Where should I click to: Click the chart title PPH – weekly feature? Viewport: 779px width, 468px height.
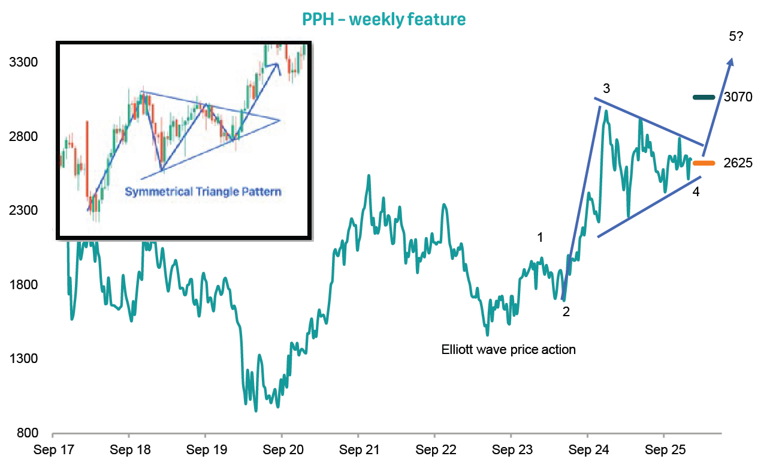point(384,19)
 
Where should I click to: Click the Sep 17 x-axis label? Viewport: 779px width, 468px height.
point(53,449)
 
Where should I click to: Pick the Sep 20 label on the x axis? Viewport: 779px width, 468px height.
point(282,449)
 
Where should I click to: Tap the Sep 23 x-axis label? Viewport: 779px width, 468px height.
point(511,449)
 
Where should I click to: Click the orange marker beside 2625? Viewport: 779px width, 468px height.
point(704,163)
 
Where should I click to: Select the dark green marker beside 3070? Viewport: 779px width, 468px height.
point(704,97)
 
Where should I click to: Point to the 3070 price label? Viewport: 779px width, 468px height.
point(738,97)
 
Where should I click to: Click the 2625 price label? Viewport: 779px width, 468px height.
point(738,163)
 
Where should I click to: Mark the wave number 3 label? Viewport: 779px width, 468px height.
point(606,89)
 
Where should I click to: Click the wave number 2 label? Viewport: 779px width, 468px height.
point(566,312)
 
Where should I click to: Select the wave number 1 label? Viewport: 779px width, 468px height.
point(540,238)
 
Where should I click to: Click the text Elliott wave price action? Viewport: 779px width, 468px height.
point(508,349)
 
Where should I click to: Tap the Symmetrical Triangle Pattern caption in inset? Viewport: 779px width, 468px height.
point(203,193)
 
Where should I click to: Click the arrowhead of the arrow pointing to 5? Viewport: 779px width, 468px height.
point(731,60)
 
